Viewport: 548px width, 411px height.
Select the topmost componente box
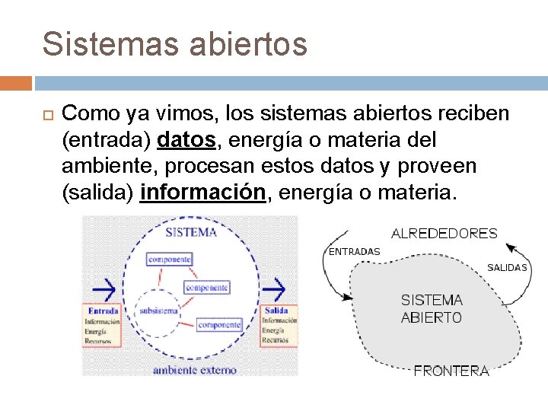[169, 260]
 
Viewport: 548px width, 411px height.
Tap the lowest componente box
[218, 325]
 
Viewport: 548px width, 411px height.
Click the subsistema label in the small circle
[158, 311]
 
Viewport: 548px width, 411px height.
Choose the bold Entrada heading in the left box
[102, 311]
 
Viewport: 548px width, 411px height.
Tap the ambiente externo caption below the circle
[194, 370]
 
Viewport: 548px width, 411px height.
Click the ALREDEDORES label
[444, 234]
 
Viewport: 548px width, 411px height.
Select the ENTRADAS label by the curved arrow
[354, 251]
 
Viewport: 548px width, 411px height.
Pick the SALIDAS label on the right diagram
[507, 268]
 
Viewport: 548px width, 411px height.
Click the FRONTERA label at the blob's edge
[451, 371]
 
